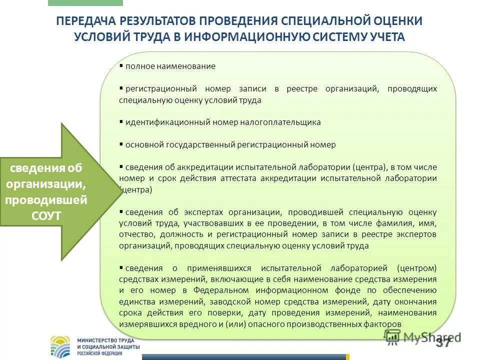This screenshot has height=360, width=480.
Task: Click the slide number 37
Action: tap(442, 341)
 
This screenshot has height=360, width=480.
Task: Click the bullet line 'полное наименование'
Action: tap(170, 66)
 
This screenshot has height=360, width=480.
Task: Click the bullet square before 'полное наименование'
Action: tap(121, 65)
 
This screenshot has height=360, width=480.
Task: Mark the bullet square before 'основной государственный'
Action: tap(121, 144)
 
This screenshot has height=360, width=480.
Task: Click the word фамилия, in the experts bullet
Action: tap(392, 223)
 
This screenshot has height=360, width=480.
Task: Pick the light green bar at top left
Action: tap(85, 2)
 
